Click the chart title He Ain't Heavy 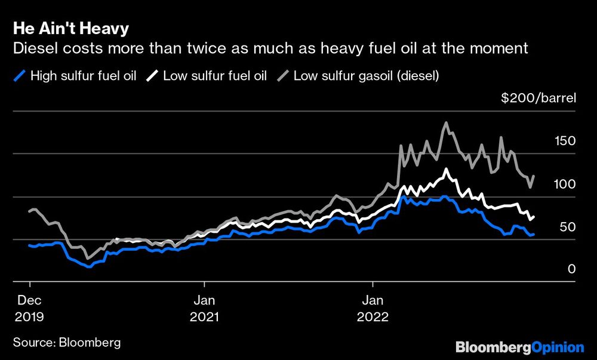[70, 29]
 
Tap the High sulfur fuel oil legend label [83, 76]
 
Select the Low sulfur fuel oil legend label [214, 76]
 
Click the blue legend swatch [20, 76]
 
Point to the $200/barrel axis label [538, 99]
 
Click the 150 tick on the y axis [564, 141]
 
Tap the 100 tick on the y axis [564, 184]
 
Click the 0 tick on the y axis [571, 270]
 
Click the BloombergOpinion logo [519, 347]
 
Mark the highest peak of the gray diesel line [445, 123]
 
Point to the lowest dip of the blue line [89, 267]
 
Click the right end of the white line [534, 216]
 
